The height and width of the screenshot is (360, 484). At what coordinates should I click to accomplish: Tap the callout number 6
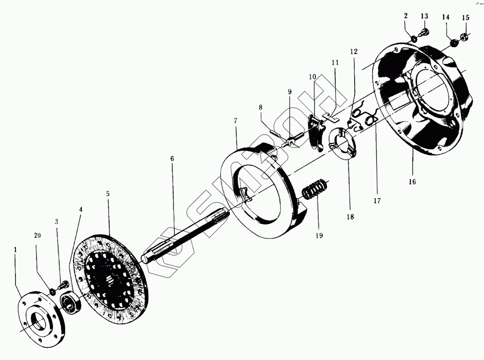pyautogui.click(x=172, y=158)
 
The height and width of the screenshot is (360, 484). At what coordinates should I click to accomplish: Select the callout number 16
pyautogui.click(x=412, y=182)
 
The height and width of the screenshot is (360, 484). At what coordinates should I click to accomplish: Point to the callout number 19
pyautogui.click(x=319, y=235)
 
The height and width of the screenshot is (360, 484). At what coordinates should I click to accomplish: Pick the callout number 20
pyautogui.click(x=38, y=235)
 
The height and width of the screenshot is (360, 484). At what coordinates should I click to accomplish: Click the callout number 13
pyautogui.click(x=424, y=16)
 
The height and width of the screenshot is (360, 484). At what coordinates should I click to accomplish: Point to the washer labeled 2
pyautogui.click(x=414, y=39)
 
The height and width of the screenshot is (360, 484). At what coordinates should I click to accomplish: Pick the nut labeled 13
pyautogui.click(x=424, y=32)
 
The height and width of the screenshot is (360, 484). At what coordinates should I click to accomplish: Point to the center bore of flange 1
pyautogui.click(x=39, y=322)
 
